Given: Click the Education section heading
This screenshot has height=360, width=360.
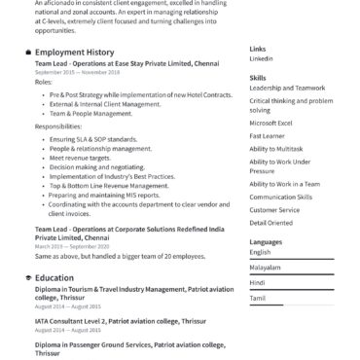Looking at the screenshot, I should pos(54,277).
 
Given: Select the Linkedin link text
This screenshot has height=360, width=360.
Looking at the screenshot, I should pos(261,58).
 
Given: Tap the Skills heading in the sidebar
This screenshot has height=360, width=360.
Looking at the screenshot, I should pos(257,77).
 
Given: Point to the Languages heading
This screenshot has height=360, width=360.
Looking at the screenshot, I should pos(266,240).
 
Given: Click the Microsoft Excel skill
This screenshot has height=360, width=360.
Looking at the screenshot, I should pos(270,123).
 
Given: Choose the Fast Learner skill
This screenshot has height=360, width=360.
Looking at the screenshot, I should pos(267,136).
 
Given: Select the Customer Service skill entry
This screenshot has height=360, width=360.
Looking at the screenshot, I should pos(274,209).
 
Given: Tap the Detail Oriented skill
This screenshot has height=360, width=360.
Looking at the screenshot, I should pos(270,223).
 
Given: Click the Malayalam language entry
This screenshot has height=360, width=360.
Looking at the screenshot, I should pos(265,267).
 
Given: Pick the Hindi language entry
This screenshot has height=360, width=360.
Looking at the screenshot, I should pos(257,282).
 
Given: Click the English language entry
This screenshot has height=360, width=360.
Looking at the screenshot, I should pos(260,252).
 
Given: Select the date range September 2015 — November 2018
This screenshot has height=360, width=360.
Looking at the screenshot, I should pos(77,72).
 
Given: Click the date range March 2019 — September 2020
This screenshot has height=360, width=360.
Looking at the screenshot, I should pos(73,248).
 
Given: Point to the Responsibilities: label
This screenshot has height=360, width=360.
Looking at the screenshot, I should pos(58,127).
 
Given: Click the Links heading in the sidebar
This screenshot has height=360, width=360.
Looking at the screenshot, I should pos(257,48).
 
